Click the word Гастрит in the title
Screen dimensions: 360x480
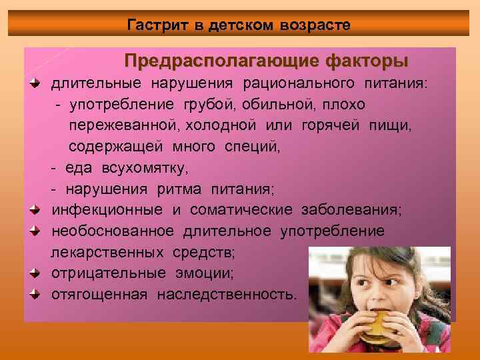[x=157, y=25]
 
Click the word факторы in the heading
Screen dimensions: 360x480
[x=367, y=62]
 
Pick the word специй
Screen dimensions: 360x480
[x=250, y=147]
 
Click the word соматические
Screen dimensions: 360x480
[x=241, y=211]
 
